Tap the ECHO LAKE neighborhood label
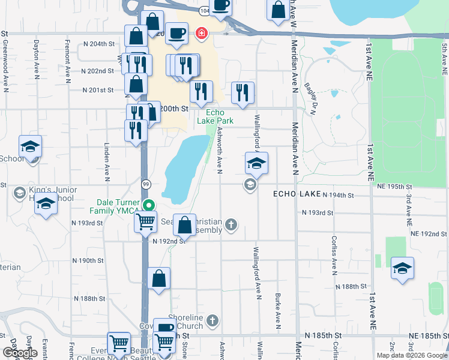point(297,194)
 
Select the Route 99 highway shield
point(145,184)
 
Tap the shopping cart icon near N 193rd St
point(146,222)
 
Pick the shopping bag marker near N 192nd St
point(185,226)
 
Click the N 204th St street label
point(98,44)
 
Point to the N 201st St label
point(98,91)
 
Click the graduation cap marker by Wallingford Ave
point(256,163)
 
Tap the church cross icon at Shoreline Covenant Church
point(212,322)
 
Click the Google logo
point(20,353)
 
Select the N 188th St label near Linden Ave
point(89,298)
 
